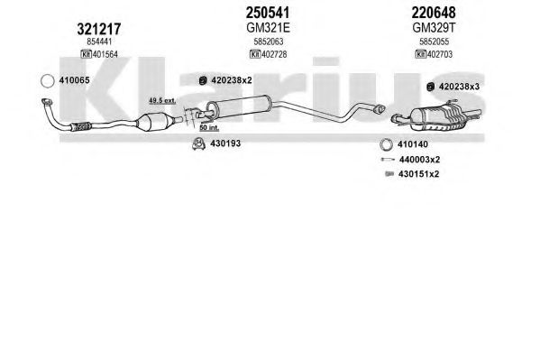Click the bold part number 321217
point(99,29)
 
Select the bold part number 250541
point(268,13)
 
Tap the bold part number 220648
point(434,13)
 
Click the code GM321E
point(268,28)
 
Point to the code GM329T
point(434,28)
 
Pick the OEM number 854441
point(99,42)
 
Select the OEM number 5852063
point(269,42)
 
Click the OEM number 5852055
point(434,42)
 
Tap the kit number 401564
point(105,54)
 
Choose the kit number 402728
point(274,54)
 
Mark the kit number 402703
point(440,54)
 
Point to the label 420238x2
point(232,80)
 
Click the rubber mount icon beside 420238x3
point(430,87)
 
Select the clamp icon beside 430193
point(198,143)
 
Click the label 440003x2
point(419,160)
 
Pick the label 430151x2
point(419,174)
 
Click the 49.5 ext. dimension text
point(162,101)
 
